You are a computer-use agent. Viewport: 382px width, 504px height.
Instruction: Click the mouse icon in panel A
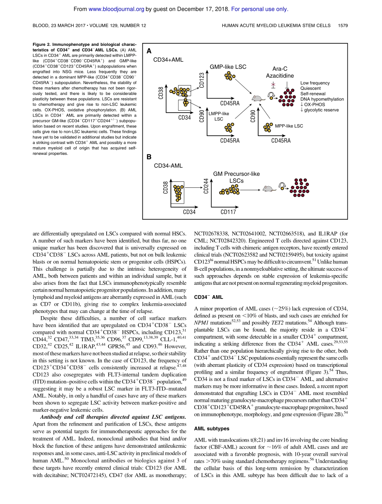point(256,97)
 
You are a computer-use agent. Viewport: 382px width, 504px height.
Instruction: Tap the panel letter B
point(149,157)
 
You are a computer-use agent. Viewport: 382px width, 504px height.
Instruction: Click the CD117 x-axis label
point(228,212)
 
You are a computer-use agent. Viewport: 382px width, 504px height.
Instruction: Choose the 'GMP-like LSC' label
point(228,66)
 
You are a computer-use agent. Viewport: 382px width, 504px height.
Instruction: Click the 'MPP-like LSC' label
point(289,126)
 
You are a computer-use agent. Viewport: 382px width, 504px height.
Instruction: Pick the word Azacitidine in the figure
point(279,76)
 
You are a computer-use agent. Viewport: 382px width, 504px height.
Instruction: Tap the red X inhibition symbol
point(274,84)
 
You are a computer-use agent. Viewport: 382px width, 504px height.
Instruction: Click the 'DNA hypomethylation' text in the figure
point(322,99)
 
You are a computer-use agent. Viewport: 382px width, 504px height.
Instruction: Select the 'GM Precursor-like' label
point(236,174)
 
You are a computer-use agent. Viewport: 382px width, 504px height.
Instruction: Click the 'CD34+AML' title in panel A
point(168,60)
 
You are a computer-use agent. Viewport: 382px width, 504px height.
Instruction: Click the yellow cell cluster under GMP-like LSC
point(229,76)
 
